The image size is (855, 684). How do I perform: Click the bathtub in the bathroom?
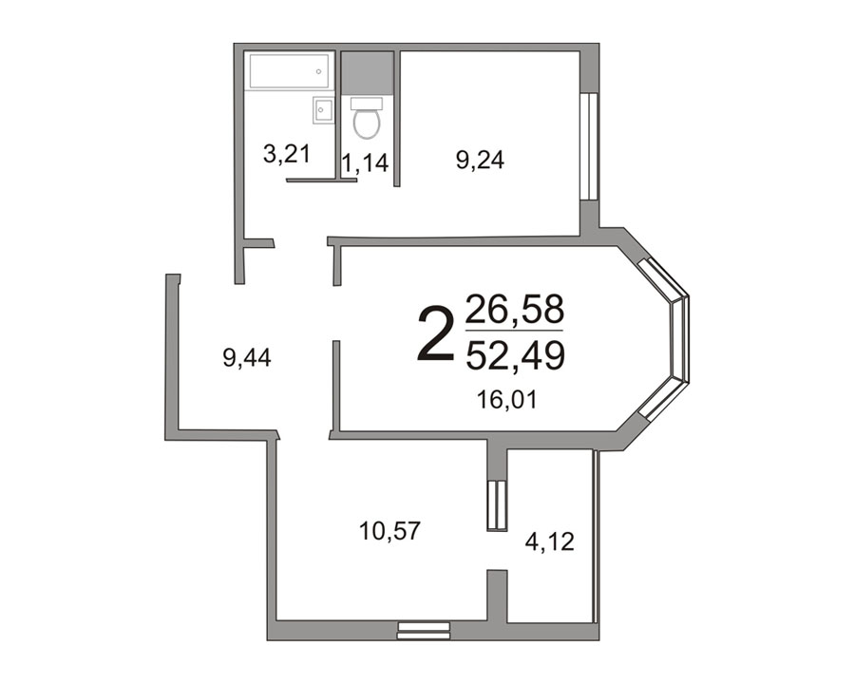coord(289,71)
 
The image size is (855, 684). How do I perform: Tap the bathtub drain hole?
coord(318,71)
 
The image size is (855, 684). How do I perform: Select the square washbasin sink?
coord(323,110)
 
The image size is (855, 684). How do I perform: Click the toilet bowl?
coord(367,123)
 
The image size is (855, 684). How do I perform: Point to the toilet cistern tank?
coord(367,104)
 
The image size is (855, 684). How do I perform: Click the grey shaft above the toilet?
coord(368,73)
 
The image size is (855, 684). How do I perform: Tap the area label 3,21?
coord(287,154)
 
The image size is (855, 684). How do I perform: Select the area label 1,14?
coord(366,162)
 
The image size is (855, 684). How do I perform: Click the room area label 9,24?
coord(480,161)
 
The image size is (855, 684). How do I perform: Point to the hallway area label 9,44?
coord(247,358)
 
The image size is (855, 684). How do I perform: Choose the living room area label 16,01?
coord(507,400)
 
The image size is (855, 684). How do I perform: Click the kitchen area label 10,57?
coord(389,531)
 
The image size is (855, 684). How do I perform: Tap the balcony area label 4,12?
coord(550,542)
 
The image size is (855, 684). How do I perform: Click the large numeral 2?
coord(436,332)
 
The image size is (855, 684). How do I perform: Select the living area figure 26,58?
coord(515,308)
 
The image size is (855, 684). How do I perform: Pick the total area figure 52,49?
coord(515,355)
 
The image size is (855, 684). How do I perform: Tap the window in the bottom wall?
coord(424,631)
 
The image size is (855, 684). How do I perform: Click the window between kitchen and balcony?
coord(497,505)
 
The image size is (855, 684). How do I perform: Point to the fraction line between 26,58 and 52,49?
coord(514,331)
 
